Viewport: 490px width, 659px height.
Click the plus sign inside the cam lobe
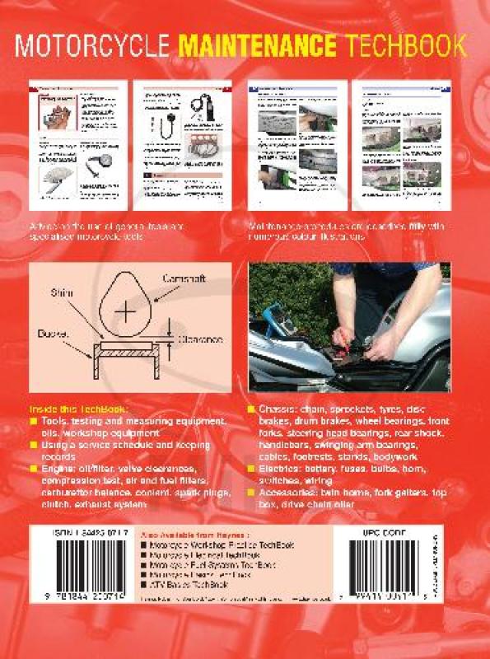point(125,311)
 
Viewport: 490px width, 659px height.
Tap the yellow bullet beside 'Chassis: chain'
point(251,410)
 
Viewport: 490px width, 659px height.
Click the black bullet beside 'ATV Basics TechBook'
point(146,583)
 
